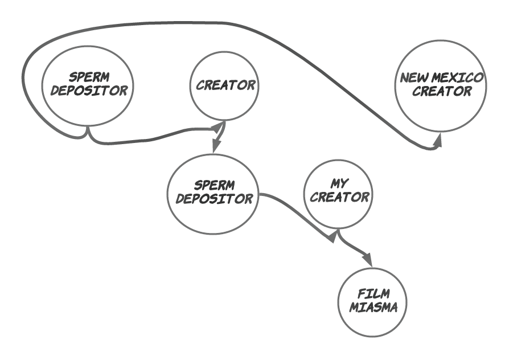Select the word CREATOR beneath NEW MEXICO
[442, 91]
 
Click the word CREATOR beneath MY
[340, 198]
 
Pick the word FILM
[373, 294]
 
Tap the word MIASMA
[373, 307]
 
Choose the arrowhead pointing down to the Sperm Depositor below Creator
[215, 147]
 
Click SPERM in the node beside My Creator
[214, 186]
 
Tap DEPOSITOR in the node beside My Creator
[214, 199]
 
